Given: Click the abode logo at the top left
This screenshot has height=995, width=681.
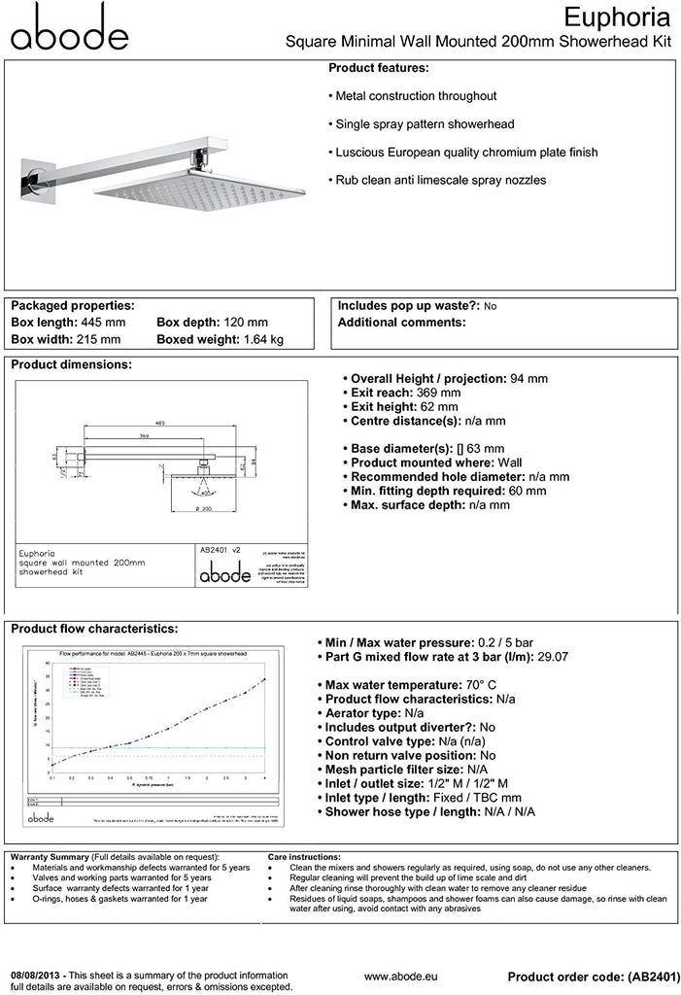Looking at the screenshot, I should tap(69, 27).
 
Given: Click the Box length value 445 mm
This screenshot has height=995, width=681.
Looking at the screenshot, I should tap(100, 322).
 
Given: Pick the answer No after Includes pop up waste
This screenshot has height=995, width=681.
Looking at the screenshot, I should tap(490, 306).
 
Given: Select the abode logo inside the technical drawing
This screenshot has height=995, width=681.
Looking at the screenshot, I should tap(224, 575).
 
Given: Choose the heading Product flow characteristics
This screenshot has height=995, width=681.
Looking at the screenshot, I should tap(94, 629).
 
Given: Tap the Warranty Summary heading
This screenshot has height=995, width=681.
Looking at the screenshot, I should tap(49, 856).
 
